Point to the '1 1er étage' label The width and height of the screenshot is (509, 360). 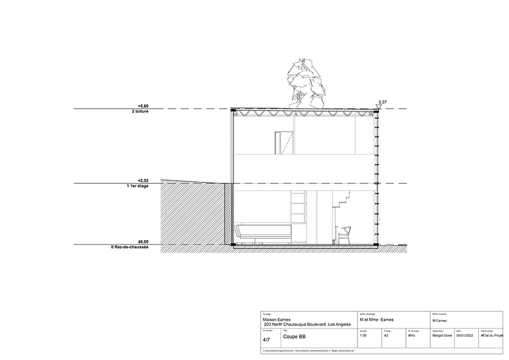pos(137,186)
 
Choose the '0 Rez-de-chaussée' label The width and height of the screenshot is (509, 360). pos(131,247)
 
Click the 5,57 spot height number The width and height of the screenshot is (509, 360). pos(383,101)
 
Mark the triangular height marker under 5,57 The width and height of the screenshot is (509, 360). pos(380,106)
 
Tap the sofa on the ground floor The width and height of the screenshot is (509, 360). pos(264,232)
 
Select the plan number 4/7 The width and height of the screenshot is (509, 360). pos(266,340)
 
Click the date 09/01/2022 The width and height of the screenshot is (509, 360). pos(464,336)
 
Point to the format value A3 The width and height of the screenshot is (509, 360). pos(386,336)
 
